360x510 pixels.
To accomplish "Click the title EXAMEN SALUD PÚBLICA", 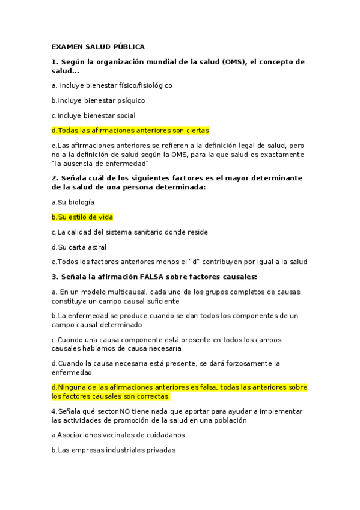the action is [98, 46].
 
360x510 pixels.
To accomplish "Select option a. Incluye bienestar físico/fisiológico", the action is [112, 85].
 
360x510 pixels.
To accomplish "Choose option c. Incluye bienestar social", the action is [93, 115].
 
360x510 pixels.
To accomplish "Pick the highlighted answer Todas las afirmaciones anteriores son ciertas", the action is [130, 131].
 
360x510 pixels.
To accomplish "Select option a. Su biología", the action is [73, 203].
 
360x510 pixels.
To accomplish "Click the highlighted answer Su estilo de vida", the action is [82, 217].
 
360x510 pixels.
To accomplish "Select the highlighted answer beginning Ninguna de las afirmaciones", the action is [179, 392].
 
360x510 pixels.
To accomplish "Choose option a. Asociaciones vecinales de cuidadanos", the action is [118, 434].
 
